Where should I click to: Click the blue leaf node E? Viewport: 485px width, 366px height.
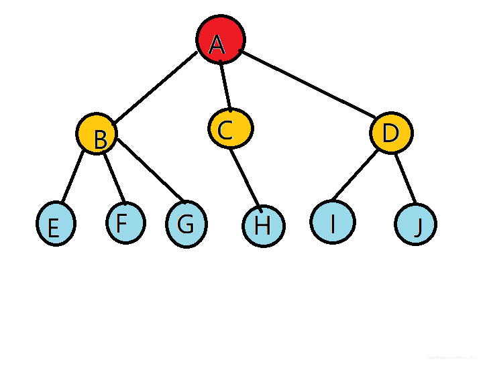click(56, 223)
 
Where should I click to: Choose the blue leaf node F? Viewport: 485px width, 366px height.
click(125, 221)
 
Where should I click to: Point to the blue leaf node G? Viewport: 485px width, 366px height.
click(186, 225)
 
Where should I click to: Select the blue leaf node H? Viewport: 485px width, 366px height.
click(264, 225)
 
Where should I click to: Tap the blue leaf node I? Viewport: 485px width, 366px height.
click(333, 221)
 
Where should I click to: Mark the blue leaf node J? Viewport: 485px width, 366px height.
click(416, 225)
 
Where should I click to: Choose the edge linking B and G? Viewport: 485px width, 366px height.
click(148, 169)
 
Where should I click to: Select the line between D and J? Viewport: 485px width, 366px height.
click(406, 178)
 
